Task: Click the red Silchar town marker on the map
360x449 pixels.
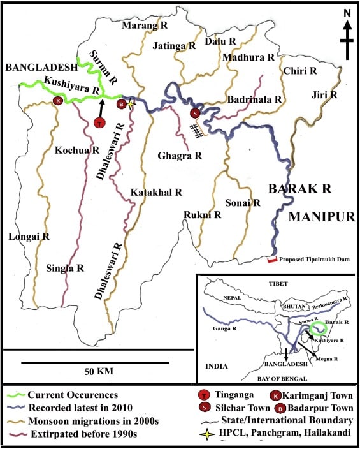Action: (x=196, y=114)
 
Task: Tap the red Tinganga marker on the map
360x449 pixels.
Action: (x=99, y=122)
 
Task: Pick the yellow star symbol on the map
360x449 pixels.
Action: (x=131, y=104)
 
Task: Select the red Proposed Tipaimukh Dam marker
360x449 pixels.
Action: (x=271, y=260)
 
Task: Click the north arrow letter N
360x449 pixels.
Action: (x=347, y=12)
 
